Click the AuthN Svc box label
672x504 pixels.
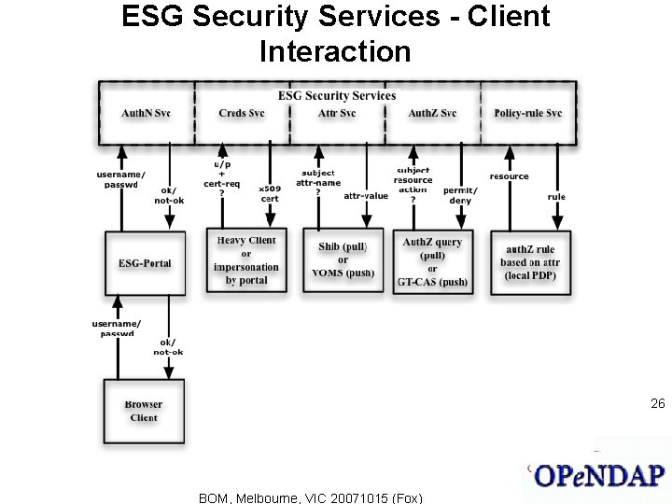tap(146, 114)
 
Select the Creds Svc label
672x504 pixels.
tap(242, 114)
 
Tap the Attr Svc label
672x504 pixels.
tap(337, 114)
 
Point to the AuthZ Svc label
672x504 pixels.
tap(432, 114)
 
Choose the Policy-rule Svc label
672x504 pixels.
tap(528, 114)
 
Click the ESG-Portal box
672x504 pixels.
tap(145, 263)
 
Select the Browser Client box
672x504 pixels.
tap(143, 412)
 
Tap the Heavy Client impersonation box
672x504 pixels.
tap(246, 260)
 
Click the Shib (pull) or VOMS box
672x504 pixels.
tap(343, 260)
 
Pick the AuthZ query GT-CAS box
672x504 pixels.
tap(433, 261)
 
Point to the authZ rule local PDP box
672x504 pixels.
tap(530, 262)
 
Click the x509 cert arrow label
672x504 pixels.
tap(269, 193)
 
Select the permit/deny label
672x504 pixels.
tap(460, 195)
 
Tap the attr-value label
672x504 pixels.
tap(366, 196)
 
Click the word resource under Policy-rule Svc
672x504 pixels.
tap(509, 176)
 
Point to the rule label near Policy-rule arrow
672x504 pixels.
tap(556, 197)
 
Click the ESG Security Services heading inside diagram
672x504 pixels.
tap(337, 95)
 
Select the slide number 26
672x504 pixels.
tap(657, 404)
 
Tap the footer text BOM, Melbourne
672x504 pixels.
tap(310, 497)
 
